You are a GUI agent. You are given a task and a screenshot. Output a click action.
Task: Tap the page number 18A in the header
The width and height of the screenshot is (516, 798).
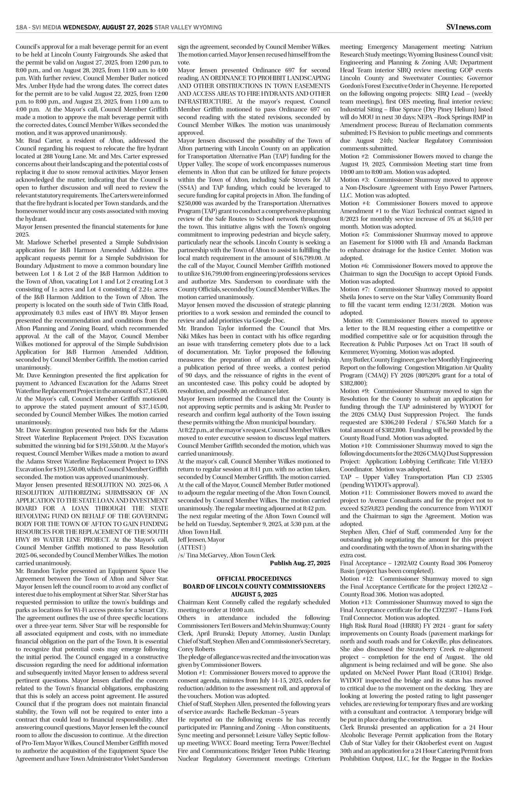[21, 27]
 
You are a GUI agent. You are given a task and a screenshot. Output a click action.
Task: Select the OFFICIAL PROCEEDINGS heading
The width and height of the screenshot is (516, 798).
[254, 579]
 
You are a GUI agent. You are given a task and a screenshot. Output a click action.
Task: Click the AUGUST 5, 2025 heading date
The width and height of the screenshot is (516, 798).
[254, 594]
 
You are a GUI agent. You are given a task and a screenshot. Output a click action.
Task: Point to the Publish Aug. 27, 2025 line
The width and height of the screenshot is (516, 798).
[300, 563]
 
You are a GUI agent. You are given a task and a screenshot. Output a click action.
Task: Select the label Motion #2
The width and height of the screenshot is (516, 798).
[354, 156]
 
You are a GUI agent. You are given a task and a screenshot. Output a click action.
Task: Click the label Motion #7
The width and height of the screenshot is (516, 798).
[354, 289]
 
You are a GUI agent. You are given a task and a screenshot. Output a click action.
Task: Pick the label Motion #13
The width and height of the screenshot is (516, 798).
[356, 602]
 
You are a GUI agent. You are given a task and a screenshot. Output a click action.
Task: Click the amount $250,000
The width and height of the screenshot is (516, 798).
[191, 203]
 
